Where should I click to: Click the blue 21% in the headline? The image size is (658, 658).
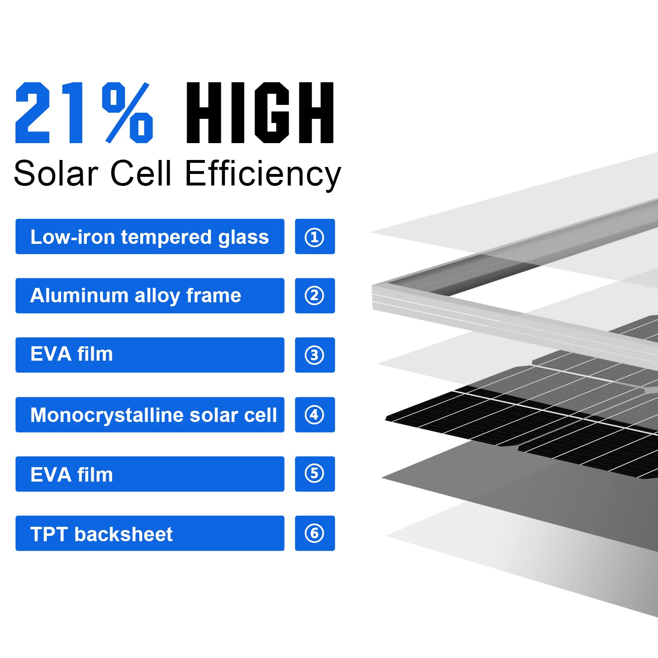pyautogui.click(x=84, y=113)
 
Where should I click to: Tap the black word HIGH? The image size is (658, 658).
pyautogui.click(x=260, y=113)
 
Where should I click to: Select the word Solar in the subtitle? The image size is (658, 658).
pyautogui.click(x=56, y=174)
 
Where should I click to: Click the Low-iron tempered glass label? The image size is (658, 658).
pyautogui.click(x=150, y=237)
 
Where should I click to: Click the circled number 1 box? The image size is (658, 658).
pyautogui.click(x=315, y=237)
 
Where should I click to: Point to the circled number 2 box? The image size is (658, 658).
pyautogui.click(x=315, y=296)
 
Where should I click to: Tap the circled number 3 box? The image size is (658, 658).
pyautogui.click(x=315, y=355)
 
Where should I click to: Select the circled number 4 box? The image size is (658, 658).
pyautogui.click(x=315, y=415)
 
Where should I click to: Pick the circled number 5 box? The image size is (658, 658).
pyautogui.click(x=315, y=474)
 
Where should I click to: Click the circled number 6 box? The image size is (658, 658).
pyautogui.click(x=315, y=533)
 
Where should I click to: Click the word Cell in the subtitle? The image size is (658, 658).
pyautogui.click(x=140, y=174)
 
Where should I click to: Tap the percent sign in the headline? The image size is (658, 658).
pyautogui.click(x=127, y=113)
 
